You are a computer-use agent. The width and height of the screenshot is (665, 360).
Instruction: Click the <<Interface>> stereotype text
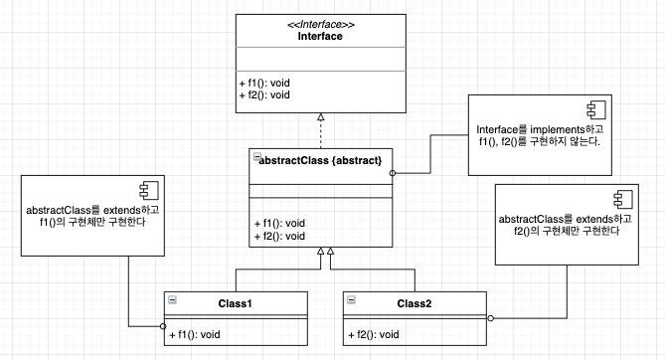[x=321, y=25]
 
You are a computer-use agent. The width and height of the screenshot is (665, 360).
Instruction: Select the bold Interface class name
[x=320, y=36]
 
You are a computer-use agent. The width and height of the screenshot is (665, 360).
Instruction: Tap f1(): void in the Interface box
[x=264, y=83]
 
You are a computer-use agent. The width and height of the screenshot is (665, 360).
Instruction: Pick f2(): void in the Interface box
[x=264, y=94]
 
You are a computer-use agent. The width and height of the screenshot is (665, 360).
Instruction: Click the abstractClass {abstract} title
[x=320, y=160]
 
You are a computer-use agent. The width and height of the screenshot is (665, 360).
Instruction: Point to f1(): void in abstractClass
[x=279, y=224]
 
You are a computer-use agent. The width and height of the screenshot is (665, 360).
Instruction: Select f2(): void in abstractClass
[x=279, y=236]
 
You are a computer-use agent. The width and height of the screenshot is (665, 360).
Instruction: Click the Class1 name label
[x=235, y=303]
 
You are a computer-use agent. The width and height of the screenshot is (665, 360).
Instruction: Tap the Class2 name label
[x=414, y=303]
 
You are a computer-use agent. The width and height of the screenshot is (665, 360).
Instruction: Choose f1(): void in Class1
[x=195, y=334]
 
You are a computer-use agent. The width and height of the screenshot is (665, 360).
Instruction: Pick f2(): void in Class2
[x=374, y=334]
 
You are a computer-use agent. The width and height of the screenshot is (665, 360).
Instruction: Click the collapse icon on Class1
[x=172, y=299]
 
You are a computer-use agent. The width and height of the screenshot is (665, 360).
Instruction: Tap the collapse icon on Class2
[x=351, y=299]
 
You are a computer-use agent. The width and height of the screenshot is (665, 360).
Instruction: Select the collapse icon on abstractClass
[x=257, y=156]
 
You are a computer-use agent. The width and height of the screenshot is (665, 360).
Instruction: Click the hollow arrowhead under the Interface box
[x=321, y=116]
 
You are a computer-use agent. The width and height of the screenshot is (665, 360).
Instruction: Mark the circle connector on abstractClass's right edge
[x=393, y=173]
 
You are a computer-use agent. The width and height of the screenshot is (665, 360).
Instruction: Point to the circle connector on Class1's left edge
[x=163, y=326]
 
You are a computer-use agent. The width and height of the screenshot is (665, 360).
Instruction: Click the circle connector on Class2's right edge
[x=491, y=318]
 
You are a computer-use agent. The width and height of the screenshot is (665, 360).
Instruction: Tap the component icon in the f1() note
[x=149, y=191]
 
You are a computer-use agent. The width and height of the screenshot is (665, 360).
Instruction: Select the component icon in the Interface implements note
[x=596, y=110]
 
